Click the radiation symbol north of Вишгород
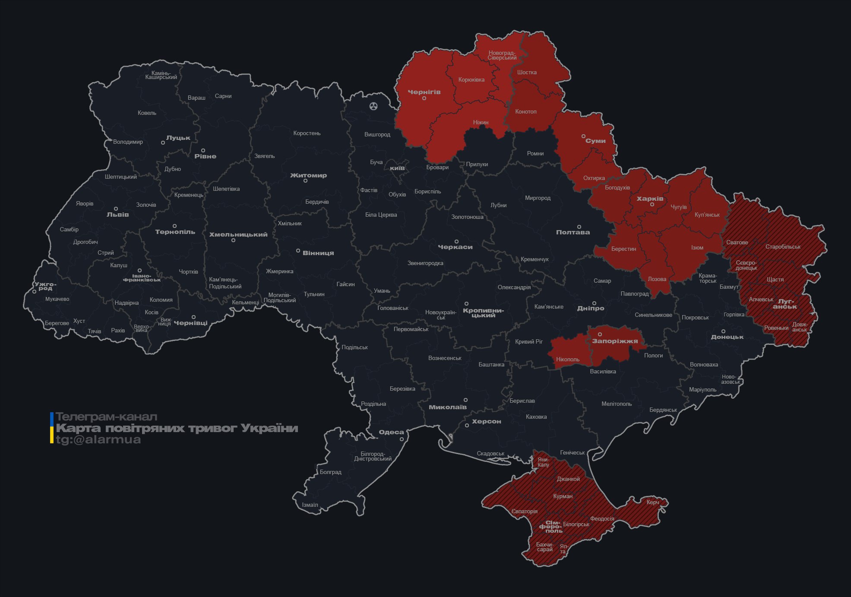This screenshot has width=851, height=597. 373,106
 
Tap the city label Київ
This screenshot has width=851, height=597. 397,168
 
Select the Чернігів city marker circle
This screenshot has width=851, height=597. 424,98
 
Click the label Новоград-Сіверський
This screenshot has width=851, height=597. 502,55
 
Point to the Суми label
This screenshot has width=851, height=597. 595,141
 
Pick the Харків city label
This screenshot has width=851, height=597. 650,199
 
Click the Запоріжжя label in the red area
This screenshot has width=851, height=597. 614,341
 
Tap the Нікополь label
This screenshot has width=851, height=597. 567,359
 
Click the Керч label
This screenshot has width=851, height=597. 652,502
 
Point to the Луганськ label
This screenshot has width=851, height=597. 785,304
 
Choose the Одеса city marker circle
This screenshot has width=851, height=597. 402,439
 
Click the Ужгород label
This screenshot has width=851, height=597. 45,286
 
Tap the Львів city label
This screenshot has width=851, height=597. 117,215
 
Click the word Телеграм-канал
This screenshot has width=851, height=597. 106,417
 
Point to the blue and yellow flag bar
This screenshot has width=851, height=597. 52,428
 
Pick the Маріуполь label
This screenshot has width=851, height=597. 702,390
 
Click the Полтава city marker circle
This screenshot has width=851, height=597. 579,227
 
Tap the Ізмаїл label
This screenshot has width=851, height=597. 310,505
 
